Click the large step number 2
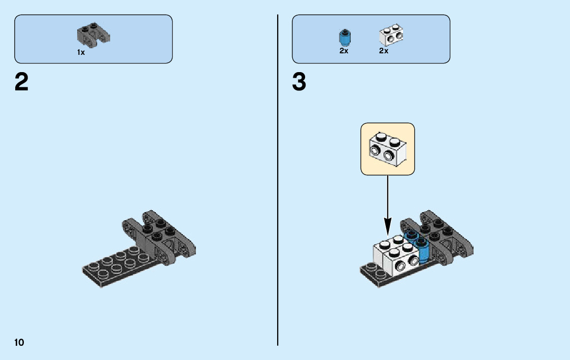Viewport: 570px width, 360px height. pyautogui.click(x=21, y=82)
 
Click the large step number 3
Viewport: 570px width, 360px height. pyautogui.click(x=299, y=82)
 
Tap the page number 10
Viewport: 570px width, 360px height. pyautogui.click(x=19, y=342)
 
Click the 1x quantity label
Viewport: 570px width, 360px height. pyautogui.click(x=81, y=52)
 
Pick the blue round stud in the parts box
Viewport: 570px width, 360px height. pyautogui.click(x=345, y=37)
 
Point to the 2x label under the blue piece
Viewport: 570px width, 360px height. pyautogui.click(x=344, y=51)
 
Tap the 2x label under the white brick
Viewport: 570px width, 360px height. pyautogui.click(x=384, y=51)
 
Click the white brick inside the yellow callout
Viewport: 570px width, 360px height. pyautogui.click(x=387, y=148)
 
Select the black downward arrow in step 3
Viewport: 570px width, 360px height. pyautogui.click(x=387, y=203)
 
